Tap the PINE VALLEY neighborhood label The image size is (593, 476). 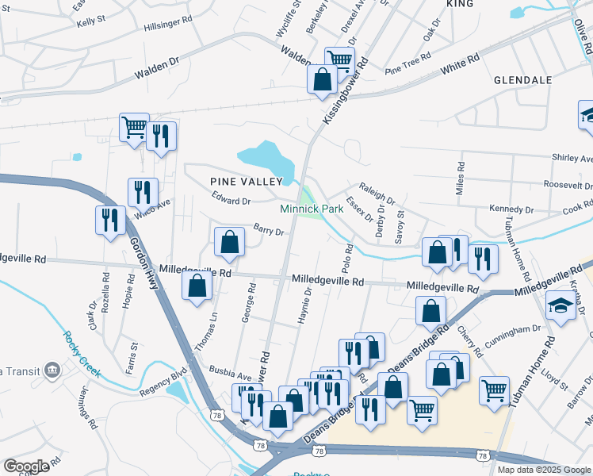pos(245,181)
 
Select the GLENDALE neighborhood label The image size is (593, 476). pos(522,80)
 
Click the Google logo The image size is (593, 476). pos(26,466)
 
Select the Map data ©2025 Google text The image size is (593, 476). pos(544,470)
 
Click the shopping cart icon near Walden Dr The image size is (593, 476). pos(339,59)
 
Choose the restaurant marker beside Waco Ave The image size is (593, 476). pos(143,191)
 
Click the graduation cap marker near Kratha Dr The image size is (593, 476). pos(560,305)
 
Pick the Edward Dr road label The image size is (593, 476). pos(230,202)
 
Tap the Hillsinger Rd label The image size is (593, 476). pos(167,26)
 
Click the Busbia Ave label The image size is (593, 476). pos(230,370)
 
